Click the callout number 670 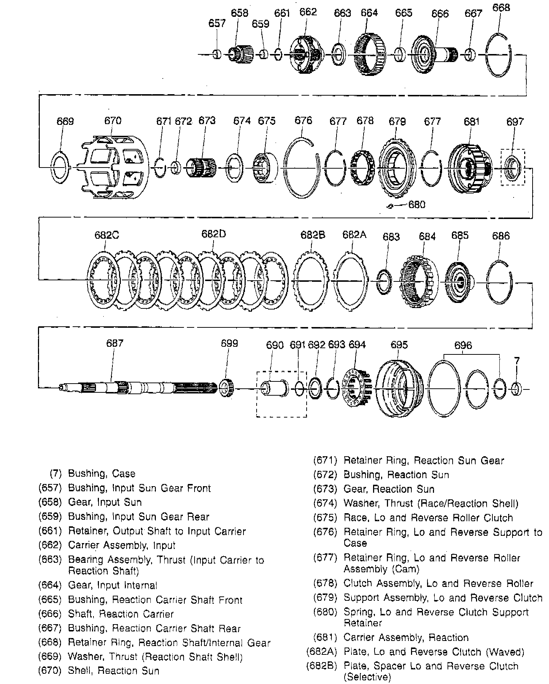coord(112,121)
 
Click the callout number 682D coord(214,234)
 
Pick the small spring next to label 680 coord(390,206)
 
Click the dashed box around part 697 coord(513,167)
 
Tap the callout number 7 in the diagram coord(517,361)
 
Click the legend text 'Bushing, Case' coord(102,474)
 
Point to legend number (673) coord(325,489)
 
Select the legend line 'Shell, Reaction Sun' coord(114,671)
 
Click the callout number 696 coord(463,345)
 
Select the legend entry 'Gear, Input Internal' coord(113,585)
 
